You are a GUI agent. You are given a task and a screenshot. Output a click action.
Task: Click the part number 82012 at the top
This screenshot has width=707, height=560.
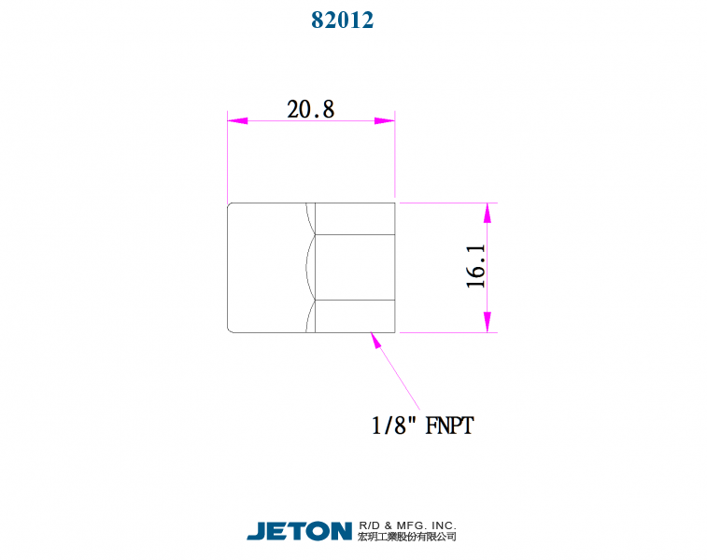click(342, 20)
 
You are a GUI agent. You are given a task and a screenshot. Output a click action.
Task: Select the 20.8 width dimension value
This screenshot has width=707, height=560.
click(310, 109)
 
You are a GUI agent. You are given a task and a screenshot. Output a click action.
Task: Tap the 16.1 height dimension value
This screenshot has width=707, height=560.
click(476, 267)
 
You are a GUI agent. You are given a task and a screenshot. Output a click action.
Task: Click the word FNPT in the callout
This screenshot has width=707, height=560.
click(449, 426)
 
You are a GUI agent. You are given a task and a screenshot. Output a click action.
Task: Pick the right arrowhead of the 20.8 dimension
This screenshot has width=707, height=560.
click(385, 120)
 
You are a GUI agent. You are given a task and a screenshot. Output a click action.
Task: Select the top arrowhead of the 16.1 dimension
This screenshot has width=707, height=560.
click(487, 213)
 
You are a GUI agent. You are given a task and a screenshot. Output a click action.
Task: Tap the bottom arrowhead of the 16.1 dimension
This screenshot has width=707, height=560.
click(487, 322)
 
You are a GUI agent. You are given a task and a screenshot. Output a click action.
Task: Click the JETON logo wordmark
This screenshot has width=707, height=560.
click(299, 531)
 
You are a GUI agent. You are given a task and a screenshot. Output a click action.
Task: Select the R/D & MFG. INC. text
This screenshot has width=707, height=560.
click(406, 525)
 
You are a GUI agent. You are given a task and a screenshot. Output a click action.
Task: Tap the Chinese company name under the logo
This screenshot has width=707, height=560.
click(406, 538)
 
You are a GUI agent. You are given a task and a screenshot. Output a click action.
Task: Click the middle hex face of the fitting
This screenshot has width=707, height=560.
click(355, 267)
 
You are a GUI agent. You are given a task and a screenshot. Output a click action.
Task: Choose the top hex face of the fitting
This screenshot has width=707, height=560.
click(355, 218)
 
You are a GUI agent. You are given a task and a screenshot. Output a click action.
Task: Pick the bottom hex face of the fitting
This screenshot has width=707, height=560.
click(355, 315)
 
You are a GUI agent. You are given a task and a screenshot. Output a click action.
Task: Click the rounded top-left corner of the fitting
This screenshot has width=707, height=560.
click(230, 205)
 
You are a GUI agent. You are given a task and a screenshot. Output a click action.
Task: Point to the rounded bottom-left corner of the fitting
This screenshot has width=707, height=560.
click(230, 329)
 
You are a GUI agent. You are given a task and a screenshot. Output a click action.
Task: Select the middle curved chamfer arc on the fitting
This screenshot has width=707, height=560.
click(309, 267)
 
